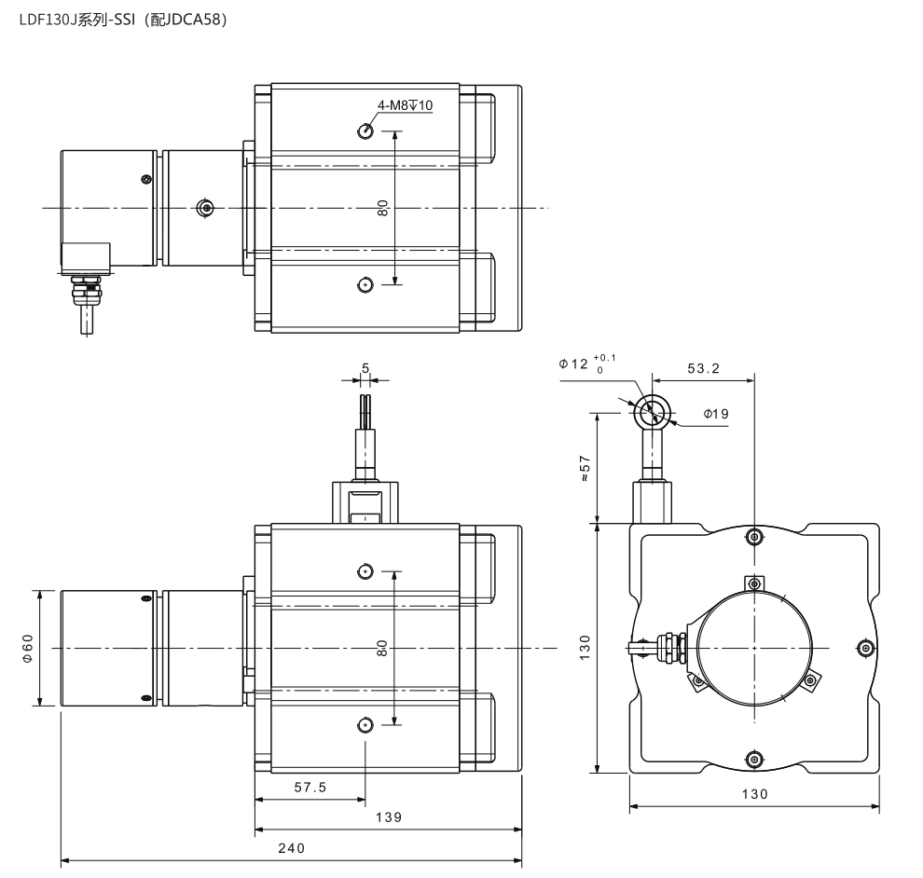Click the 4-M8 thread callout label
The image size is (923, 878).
point(405,105)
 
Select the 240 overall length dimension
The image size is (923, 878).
point(292,848)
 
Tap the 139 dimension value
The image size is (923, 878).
point(389,816)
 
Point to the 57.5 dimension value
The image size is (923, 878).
point(310,787)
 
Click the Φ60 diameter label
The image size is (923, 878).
point(28,648)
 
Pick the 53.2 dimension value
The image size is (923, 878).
point(703,368)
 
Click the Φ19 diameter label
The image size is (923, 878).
point(716,414)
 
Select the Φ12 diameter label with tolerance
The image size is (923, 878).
point(587,364)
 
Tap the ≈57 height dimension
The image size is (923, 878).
point(585,469)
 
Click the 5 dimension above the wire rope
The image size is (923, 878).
point(365,368)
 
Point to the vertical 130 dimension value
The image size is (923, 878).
point(585,648)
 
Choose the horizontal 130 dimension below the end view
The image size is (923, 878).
point(754,794)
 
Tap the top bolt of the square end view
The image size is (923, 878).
point(754,536)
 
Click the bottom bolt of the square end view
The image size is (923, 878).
point(754,760)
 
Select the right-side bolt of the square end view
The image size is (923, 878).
point(864,648)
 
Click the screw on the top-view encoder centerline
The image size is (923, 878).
point(205,208)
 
